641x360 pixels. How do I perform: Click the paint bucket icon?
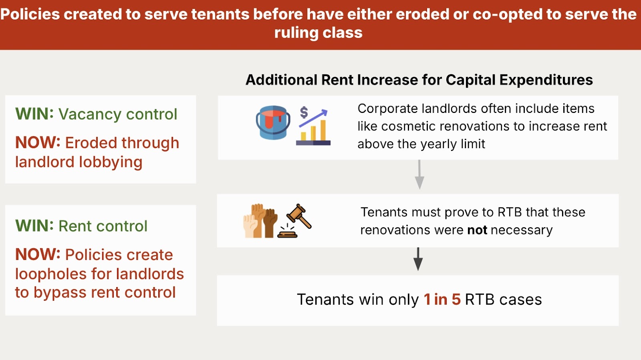pos(273,123)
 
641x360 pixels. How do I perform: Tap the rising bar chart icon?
pos(313,125)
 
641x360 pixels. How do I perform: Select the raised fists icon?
pos(260,221)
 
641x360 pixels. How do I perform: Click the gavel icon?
pos(294,221)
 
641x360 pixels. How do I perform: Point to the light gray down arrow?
pos(419,174)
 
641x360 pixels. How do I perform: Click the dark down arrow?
pos(418,259)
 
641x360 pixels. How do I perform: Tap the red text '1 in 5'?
pos(442,300)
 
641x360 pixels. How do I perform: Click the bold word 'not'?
pos(477,230)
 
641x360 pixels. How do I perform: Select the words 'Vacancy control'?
pos(118,115)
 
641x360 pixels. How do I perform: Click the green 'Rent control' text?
pos(103,226)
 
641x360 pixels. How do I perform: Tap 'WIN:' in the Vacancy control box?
pos(34,114)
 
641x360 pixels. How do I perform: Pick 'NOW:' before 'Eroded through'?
pos(38,143)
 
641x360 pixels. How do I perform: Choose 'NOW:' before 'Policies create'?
pos(38,254)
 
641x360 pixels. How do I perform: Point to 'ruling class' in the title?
pos(318,32)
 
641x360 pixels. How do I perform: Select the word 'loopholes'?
pos(51,274)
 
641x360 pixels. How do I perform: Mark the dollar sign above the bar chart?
pos(304,113)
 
